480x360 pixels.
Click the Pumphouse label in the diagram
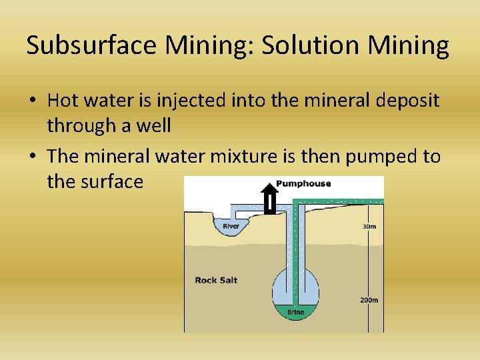coord(303,183)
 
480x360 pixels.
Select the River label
coord(231,227)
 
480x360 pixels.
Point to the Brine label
coord(295,312)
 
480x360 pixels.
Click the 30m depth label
coord(369,227)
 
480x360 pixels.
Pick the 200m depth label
coord(369,300)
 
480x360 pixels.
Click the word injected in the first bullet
coord(191,101)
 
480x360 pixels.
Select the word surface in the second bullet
coord(111,181)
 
